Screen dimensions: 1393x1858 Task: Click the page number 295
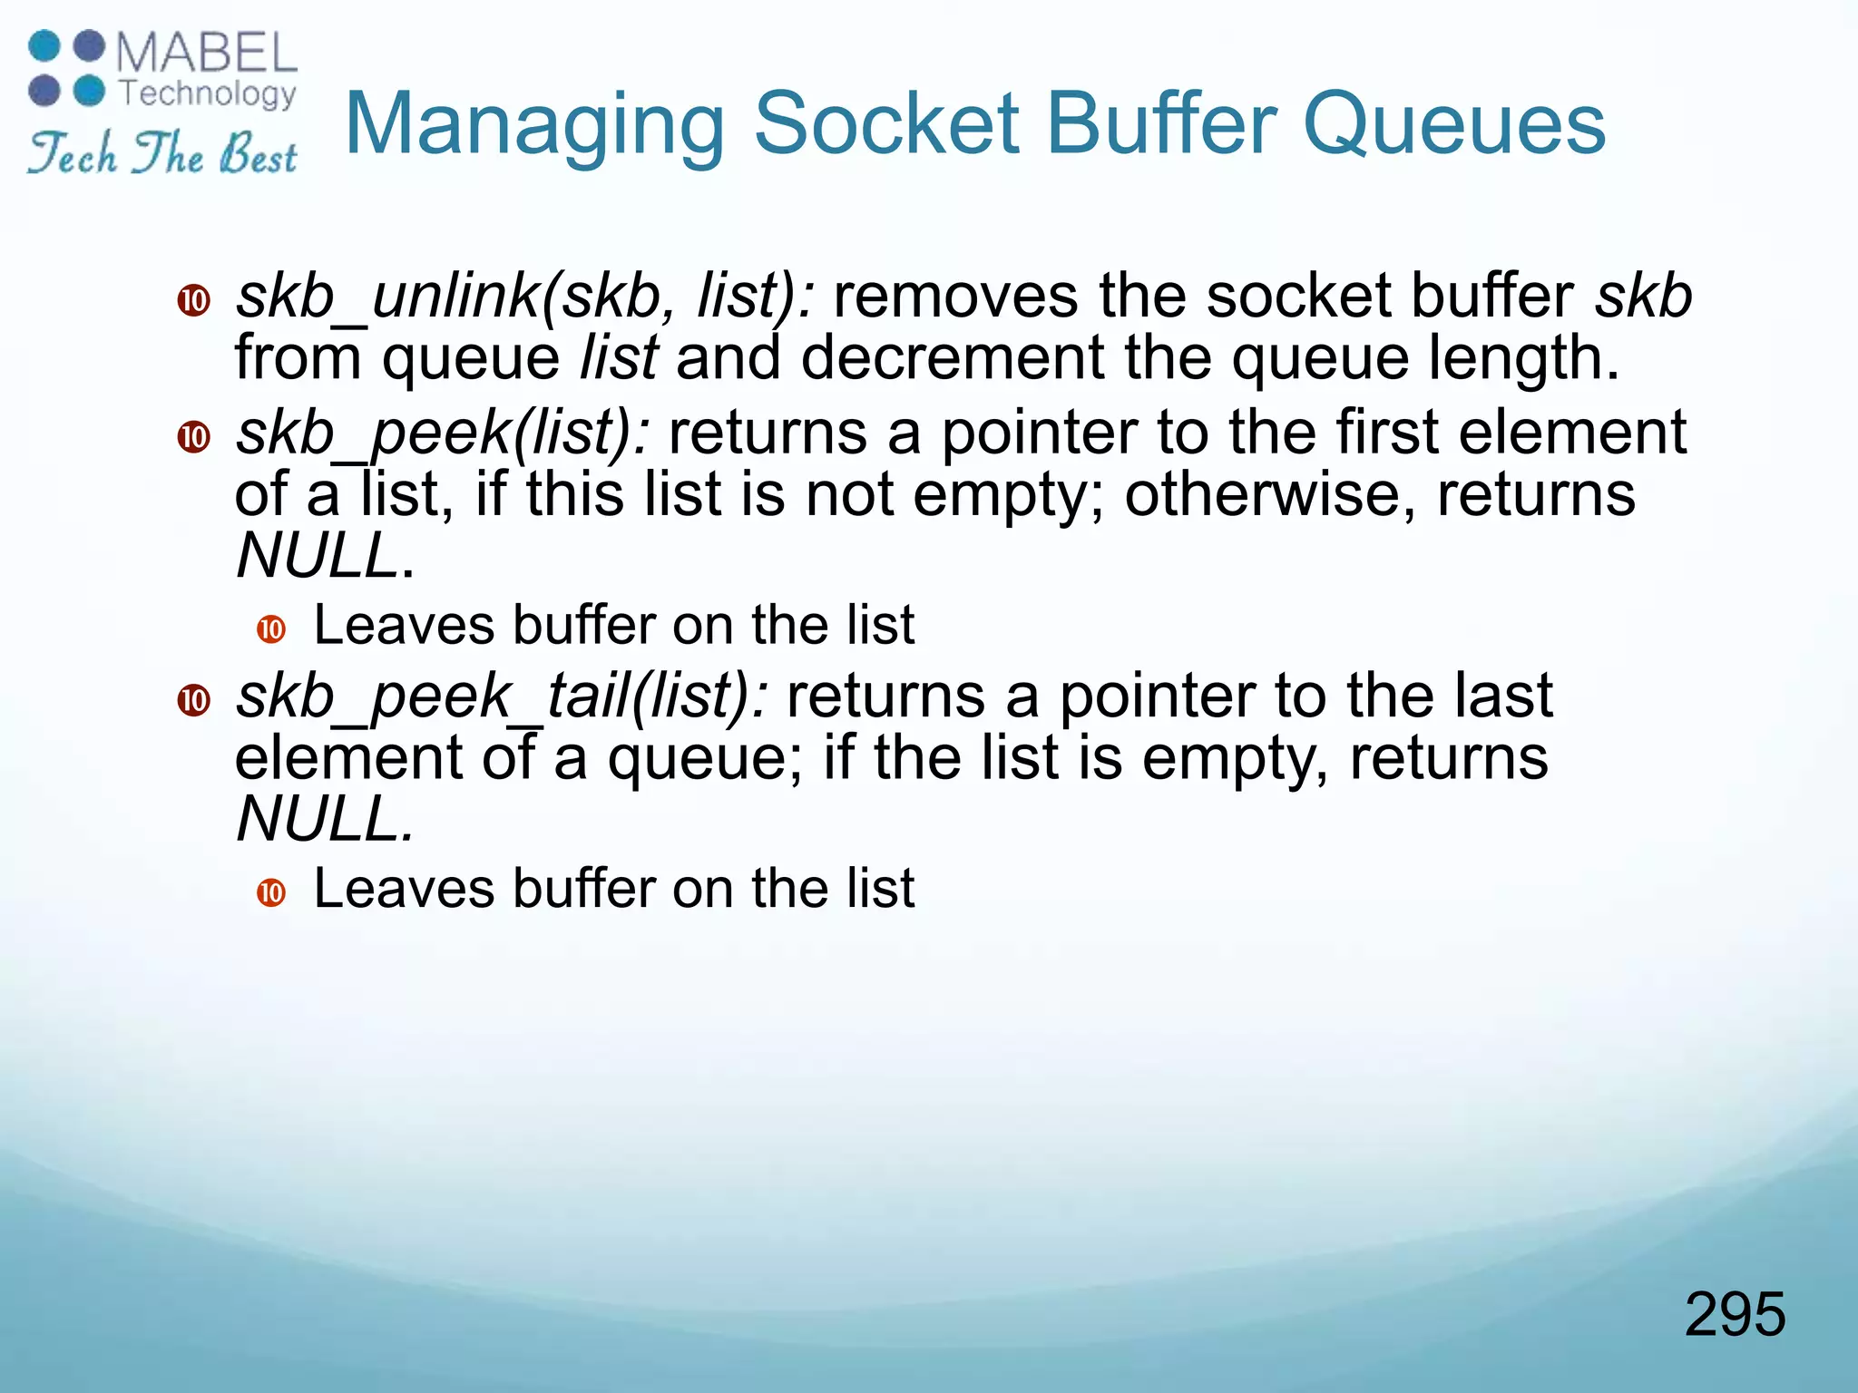(x=1734, y=1314)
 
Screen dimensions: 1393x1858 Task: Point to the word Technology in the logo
(x=208, y=93)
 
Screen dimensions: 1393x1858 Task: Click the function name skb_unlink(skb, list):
(x=524, y=297)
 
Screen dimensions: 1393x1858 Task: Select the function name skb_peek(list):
(x=443, y=433)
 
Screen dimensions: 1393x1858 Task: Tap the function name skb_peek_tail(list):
(x=502, y=696)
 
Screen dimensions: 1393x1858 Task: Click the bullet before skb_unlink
(x=193, y=300)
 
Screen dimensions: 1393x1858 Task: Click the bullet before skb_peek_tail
(x=193, y=700)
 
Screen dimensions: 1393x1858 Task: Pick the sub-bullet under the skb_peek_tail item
(x=271, y=892)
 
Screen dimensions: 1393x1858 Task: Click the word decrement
(x=952, y=358)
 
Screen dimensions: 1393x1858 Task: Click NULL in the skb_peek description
(x=317, y=555)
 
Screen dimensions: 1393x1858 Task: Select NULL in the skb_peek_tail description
(x=317, y=819)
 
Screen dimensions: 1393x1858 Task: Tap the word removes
(x=954, y=297)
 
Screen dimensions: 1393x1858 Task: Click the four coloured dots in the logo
(x=67, y=69)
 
